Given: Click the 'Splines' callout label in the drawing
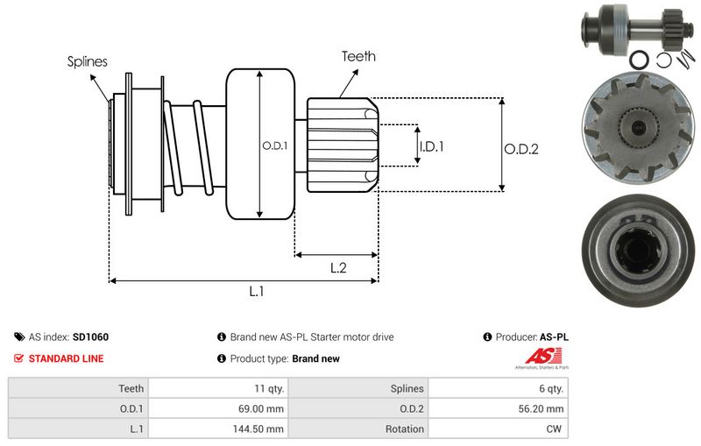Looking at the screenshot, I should (x=88, y=61).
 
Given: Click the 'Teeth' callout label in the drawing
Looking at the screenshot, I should (x=358, y=56).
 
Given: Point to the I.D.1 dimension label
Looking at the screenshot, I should (x=431, y=146).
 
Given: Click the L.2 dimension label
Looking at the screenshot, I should (x=339, y=269).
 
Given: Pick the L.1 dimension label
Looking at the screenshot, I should (x=257, y=292).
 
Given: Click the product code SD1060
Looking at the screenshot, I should (x=90, y=336).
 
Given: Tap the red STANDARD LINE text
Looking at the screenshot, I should (x=66, y=358).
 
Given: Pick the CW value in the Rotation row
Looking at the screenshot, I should (x=556, y=429).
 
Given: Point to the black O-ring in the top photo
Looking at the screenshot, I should (x=640, y=60).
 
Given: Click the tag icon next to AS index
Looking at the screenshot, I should (x=19, y=336).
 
